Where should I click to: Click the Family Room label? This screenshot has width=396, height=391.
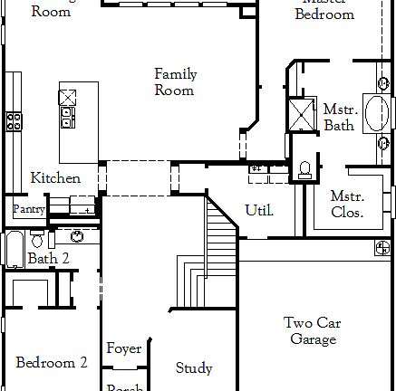click(175, 82)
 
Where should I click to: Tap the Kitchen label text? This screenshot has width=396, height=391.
click(54, 178)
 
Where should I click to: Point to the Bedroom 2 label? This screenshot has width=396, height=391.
click(52, 362)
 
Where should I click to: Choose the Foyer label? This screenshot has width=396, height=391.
click(123, 348)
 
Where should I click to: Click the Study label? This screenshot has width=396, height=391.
click(194, 367)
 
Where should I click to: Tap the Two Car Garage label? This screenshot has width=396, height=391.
click(313, 331)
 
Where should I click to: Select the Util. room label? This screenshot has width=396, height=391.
click(259, 210)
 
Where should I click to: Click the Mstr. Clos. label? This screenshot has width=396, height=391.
click(347, 205)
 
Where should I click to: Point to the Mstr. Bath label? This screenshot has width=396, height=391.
click(340, 118)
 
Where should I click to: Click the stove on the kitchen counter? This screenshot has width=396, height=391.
click(14, 120)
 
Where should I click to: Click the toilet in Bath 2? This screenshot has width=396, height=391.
click(36, 239)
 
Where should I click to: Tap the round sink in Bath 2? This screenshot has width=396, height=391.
click(79, 237)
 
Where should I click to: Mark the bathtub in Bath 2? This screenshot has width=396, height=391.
click(14, 249)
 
